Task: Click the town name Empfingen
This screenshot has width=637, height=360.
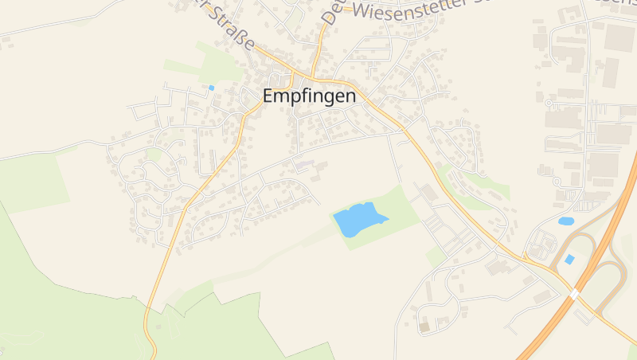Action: coord(309,96)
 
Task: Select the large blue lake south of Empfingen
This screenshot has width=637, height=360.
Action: coord(358,218)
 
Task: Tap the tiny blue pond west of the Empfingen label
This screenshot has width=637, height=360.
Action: coord(211,88)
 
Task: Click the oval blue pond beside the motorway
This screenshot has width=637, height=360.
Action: coord(566,221)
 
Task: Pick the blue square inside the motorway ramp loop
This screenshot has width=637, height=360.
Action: coord(569,260)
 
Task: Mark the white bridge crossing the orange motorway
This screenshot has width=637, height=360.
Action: coord(573,294)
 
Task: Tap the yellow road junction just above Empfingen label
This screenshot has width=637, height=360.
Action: coord(294,77)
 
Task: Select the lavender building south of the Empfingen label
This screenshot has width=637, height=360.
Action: coord(305,166)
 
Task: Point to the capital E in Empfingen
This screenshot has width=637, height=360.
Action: coord(269,96)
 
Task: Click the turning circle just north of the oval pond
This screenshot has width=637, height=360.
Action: coord(549,103)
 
